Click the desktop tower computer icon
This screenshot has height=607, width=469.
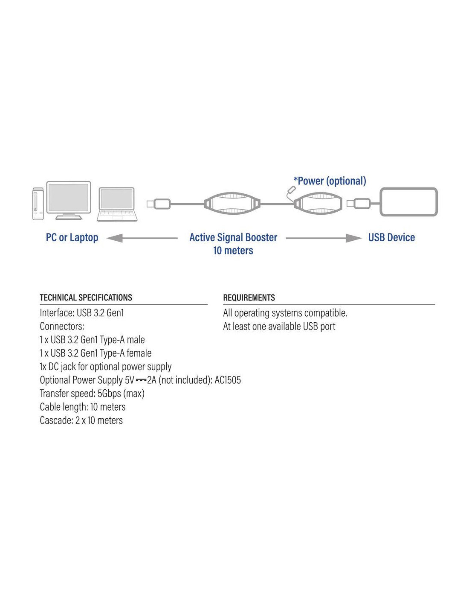point(38,204)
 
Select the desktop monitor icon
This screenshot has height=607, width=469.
point(68,200)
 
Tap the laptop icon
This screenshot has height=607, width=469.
point(117,204)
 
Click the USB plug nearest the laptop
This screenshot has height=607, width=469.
point(158,204)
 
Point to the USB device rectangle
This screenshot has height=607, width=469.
point(408,201)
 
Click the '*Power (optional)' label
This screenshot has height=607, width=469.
point(330,181)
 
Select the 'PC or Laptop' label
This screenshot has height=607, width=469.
point(72,237)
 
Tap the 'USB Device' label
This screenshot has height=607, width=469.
point(391,237)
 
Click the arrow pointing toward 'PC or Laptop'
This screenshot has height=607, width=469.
point(142,238)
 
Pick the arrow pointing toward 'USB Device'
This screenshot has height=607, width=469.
point(324,238)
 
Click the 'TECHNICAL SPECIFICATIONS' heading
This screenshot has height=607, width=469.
point(86,298)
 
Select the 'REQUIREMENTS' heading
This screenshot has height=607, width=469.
point(249,298)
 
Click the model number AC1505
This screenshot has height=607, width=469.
point(227,380)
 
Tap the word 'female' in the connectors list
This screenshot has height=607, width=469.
point(139,353)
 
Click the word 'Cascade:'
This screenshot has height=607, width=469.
point(56,420)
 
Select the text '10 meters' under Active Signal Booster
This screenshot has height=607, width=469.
point(233,250)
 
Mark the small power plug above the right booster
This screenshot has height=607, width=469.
point(291,190)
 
